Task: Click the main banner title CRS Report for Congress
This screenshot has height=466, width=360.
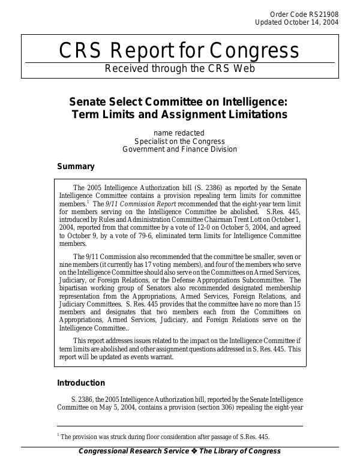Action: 179,50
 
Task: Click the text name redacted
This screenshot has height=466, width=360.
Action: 179,133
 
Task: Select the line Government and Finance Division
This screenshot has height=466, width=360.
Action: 179,149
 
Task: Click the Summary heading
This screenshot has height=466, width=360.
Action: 76,167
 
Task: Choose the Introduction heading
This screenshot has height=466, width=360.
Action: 81,383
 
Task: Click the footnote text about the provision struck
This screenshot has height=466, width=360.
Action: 169,437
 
